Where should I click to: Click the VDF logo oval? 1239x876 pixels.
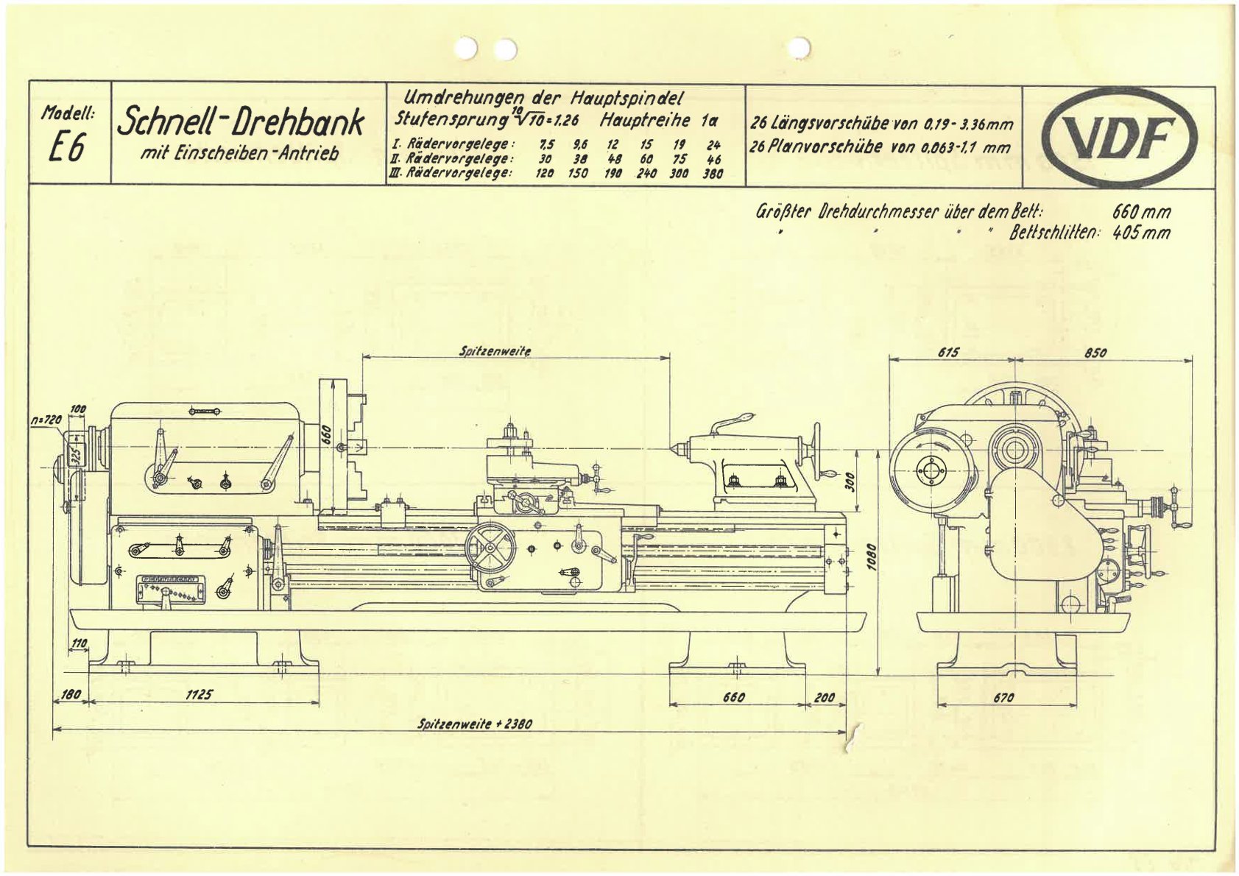click(1120, 138)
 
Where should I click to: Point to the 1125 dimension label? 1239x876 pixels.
click(200, 693)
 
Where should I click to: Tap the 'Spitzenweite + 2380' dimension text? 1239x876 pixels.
click(474, 724)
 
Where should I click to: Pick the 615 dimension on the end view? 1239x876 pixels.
click(948, 353)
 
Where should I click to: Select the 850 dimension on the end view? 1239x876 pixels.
click(1095, 353)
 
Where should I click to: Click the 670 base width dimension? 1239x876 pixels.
click(1003, 697)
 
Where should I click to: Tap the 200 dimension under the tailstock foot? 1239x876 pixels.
click(825, 696)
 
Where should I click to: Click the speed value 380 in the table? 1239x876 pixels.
click(713, 174)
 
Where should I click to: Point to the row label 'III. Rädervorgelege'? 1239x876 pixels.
click(451, 174)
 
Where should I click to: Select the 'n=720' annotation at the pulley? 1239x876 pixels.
click(48, 419)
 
